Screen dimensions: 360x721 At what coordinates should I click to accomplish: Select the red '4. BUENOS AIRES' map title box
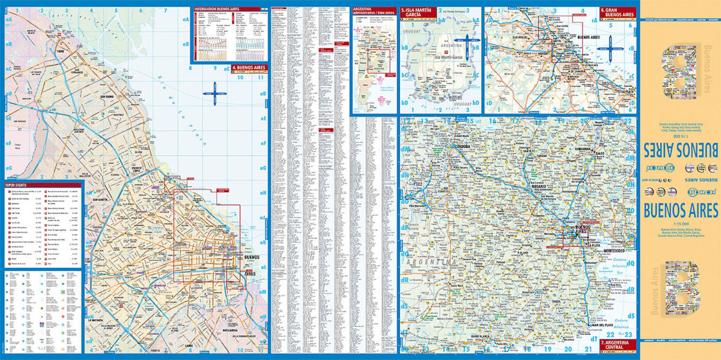(248, 68)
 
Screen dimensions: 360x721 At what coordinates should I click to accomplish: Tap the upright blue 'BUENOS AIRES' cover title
(681, 211)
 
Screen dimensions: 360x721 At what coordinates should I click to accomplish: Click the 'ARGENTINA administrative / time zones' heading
(373, 12)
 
